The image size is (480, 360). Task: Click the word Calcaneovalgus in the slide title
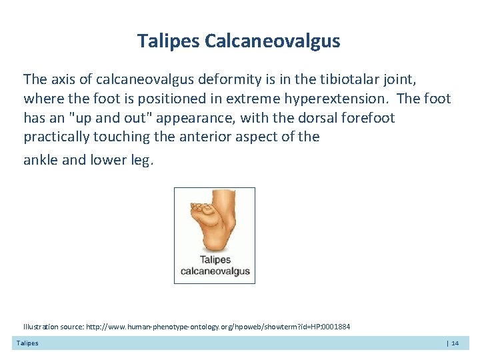click(x=273, y=41)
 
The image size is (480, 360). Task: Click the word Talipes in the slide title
click(x=169, y=41)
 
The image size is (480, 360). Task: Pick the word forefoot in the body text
click(x=369, y=118)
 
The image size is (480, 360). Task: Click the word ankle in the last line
click(x=40, y=160)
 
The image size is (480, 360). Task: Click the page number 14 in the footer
click(x=455, y=343)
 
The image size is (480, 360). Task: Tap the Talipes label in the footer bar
click(x=27, y=343)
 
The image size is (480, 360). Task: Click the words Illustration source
click(x=53, y=327)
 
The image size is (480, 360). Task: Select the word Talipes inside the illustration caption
click(x=215, y=260)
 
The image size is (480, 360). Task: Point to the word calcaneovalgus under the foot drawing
click(x=215, y=271)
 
